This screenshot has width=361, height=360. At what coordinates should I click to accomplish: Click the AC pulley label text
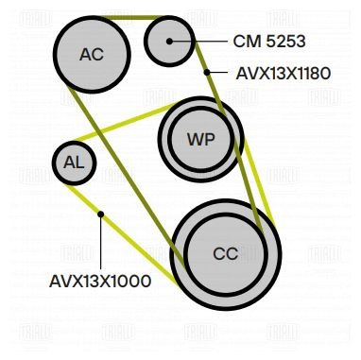92,54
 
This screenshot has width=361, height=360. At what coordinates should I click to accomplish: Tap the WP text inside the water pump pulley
201,139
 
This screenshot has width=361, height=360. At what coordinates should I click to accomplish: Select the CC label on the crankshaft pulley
225,253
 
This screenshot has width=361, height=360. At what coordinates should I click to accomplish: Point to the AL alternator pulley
74,163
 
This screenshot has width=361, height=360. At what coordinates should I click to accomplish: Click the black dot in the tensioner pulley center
169,41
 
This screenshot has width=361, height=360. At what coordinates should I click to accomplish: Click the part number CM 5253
269,42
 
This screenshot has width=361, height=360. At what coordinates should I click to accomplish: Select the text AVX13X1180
284,74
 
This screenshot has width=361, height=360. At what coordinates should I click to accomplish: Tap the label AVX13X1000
100,281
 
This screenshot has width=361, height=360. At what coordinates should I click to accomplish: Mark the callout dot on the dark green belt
207,73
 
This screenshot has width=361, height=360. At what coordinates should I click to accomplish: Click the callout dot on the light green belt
101,214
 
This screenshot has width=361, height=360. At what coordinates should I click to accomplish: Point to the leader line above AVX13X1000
101,243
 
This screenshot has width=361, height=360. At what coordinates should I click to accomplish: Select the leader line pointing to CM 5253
198,41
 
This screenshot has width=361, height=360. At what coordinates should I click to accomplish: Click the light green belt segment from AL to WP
126,122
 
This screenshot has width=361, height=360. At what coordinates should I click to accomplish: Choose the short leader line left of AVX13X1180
217,73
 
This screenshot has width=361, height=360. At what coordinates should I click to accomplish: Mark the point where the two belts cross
100,130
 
